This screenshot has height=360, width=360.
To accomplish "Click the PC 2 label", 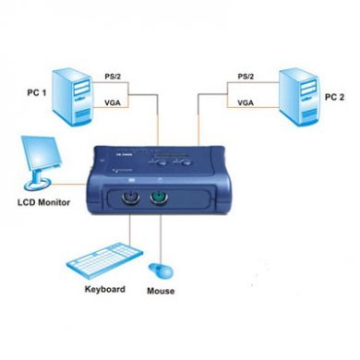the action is [x=330, y=94].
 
